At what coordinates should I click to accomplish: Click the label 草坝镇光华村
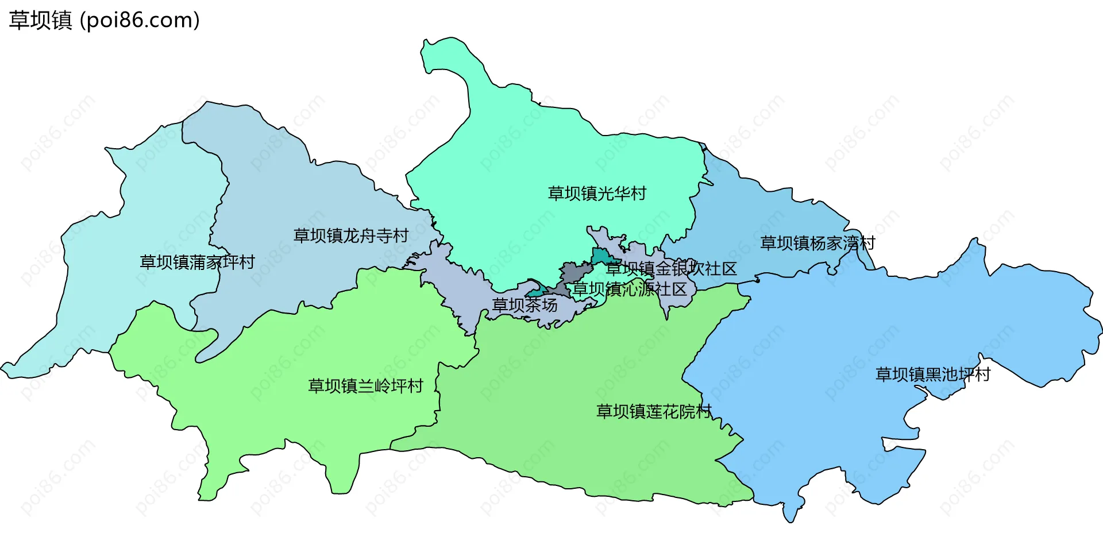pos(597,194)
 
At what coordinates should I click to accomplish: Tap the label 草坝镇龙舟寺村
pos(350,235)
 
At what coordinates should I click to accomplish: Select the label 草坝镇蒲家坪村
pos(197,262)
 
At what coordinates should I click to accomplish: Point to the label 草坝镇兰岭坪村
pos(365,385)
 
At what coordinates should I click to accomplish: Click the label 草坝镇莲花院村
pos(654,411)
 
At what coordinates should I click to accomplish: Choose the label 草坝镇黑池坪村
pos(933,374)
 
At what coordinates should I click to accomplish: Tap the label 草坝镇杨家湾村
pos(817,243)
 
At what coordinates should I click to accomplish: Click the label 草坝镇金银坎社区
pos(671,268)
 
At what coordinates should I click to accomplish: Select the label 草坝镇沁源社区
pos(630,289)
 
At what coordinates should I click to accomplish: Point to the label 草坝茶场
pos(524,305)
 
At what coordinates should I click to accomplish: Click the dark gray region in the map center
pos(574,271)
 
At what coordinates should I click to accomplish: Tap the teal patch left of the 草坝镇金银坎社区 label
pos(600,256)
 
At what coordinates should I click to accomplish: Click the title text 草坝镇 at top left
pos(40,20)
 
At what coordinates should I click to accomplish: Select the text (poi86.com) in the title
pos(140,20)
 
